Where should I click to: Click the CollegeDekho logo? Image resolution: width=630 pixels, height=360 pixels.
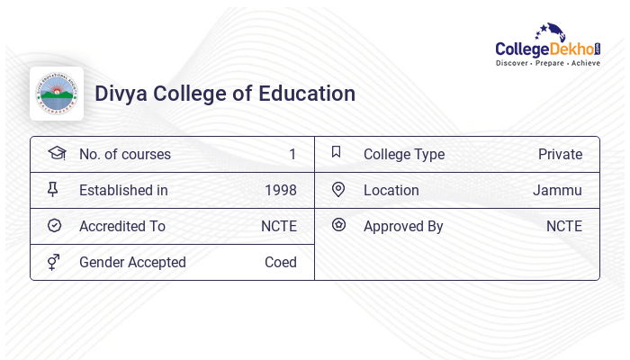point(548,46)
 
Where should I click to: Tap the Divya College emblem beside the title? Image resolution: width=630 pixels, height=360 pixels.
point(57,94)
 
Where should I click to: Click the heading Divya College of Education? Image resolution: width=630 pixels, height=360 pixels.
point(225,94)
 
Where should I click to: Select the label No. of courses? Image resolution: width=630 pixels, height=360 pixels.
point(124,154)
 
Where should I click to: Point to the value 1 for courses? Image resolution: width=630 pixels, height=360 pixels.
point(292,154)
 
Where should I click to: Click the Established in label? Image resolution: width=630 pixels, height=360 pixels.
point(123,190)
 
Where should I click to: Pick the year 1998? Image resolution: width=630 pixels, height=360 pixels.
point(281,190)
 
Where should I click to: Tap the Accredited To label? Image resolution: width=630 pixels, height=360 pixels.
point(122,226)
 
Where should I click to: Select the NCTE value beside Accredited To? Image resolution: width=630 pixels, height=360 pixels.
point(279,226)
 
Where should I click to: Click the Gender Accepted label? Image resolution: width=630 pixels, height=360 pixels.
point(132,262)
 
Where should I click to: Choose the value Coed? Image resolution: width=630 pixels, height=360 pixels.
point(281,262)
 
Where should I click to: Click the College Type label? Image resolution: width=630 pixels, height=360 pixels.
point(404,154)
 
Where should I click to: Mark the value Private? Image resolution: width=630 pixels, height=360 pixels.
point(560,154)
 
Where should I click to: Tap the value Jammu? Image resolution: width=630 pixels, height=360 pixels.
point(557,190)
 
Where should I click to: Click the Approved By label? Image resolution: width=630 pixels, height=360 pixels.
point(403,226)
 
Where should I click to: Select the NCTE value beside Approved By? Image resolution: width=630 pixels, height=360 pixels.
point(564,226)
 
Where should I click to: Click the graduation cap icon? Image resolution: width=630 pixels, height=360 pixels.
point(56,153)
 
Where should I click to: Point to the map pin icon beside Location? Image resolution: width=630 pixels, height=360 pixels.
point(338,189)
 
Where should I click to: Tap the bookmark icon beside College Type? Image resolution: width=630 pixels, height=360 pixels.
point(337,152)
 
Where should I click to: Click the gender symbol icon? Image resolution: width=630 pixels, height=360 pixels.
point(54,262)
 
